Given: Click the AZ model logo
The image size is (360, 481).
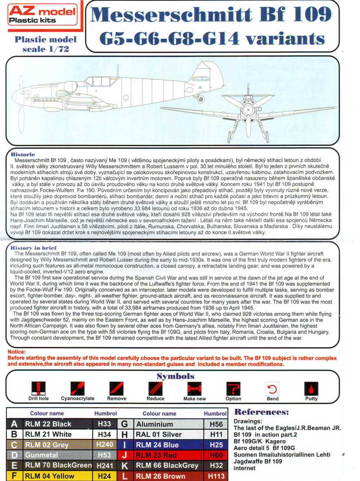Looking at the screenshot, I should (x=42, y=15).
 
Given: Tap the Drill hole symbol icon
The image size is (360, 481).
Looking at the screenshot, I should (x=38, y=388).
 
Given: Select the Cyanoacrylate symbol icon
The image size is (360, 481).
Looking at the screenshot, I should (x=77, y=388).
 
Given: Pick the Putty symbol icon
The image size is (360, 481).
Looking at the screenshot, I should (x=311, y=388).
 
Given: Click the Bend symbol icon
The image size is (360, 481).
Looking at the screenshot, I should (x=272, y=388).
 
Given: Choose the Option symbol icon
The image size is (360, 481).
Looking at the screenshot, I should (x=233, y=388).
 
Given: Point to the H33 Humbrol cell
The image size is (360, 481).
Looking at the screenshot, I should (x=104, y=424).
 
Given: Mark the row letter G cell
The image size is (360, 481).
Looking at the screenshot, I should (x=125, y=424).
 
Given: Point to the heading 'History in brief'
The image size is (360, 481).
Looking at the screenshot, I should (x=34, y=248).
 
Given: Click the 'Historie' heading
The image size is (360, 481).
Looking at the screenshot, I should (x=23, y=154).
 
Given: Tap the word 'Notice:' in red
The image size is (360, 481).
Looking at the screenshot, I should (x=16, y=352).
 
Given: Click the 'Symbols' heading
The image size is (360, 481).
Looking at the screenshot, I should (x=175, y=376).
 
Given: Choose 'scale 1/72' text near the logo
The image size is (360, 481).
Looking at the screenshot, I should (x=45, y=49).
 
